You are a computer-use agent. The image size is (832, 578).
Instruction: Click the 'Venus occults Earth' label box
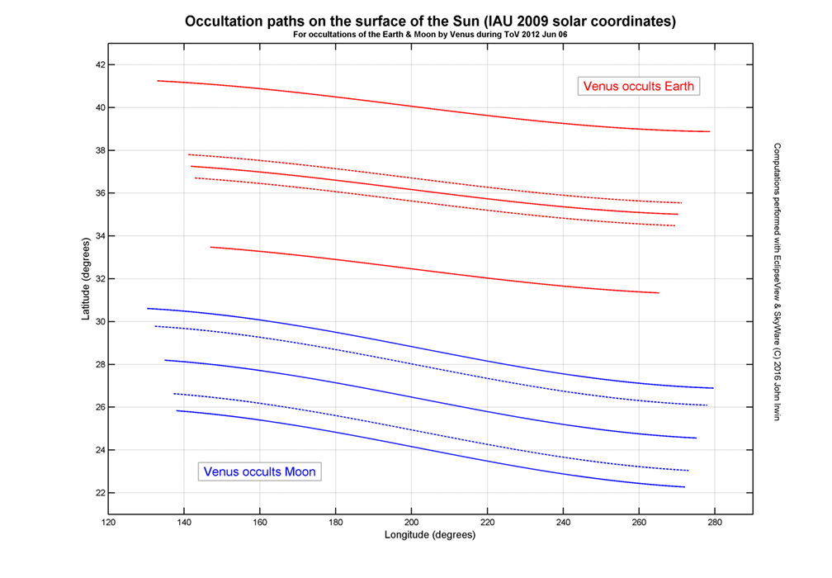[x=639, y=86]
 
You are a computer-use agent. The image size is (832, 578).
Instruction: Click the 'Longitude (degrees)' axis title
[x=430, y=535]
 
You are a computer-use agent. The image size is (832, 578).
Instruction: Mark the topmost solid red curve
[x=413, y=106]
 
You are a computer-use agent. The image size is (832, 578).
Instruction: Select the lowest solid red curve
[x=413, y=268]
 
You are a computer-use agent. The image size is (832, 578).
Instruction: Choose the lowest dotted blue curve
[x=413, y=432]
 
